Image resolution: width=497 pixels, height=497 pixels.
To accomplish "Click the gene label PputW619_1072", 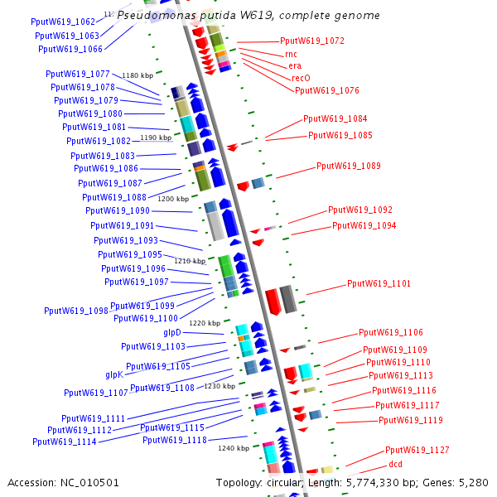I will coord(312,41).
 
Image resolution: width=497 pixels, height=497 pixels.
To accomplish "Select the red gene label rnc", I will coord(291,53).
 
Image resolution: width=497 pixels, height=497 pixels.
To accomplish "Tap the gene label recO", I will coord(301,78).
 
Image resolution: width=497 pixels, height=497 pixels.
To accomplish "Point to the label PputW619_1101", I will coord(379,283).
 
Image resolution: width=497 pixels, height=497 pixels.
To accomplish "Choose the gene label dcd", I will coord(395,464).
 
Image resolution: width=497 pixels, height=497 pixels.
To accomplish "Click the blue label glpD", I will coord(172,332).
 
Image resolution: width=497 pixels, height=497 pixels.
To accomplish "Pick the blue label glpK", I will coord(113,374).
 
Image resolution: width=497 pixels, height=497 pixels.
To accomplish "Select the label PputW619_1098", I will coord(76,311).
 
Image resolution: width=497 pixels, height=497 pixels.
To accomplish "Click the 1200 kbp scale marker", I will coord(173,199).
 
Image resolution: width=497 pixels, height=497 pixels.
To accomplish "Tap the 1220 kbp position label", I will coord(205,323).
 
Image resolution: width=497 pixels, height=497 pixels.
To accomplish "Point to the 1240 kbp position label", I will coord(234,448).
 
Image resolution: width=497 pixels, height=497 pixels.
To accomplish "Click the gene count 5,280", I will coord(474,482).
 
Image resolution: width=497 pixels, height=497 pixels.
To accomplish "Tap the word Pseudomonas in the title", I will coord(154,15).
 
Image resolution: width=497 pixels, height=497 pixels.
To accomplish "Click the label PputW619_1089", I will coord(349,166).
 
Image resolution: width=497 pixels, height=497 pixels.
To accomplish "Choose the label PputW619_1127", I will coord(417,450).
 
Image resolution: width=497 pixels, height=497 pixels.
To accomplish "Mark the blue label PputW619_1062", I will coord(63,22).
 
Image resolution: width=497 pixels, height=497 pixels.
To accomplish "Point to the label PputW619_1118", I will coord(175,440).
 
